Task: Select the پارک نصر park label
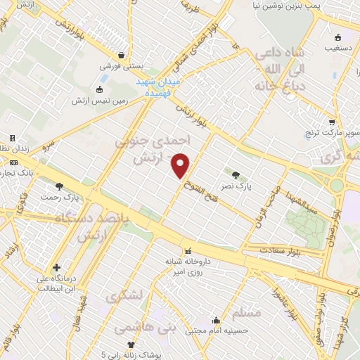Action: pos(242,188)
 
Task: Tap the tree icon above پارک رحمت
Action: pos(59,186)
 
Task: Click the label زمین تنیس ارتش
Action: pos(98,101)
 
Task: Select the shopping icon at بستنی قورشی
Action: pos(122,54)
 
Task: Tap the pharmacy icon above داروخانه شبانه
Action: pos(188,251)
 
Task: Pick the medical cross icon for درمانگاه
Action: pos(56,267)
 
